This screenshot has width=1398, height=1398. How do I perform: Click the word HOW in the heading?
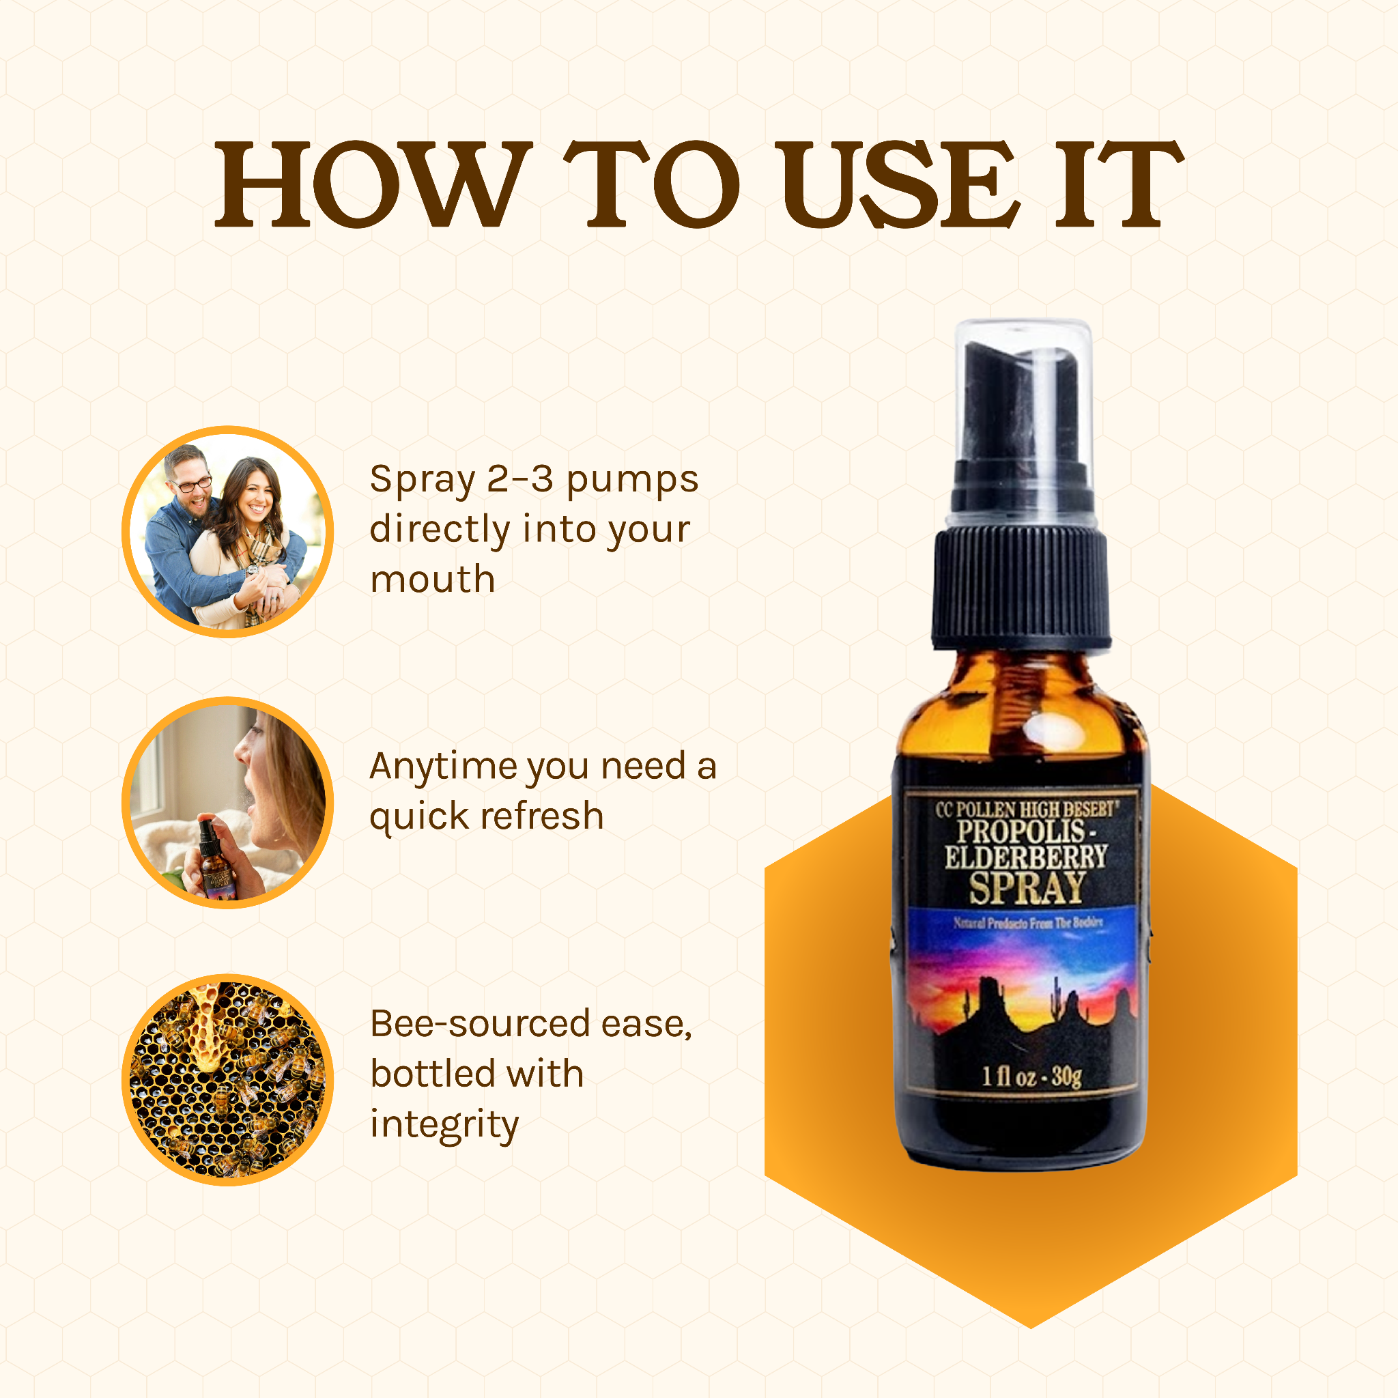[373, 184]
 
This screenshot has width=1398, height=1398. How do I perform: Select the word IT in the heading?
[1117, 184]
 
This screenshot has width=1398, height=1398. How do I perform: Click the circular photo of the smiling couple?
[227, 532]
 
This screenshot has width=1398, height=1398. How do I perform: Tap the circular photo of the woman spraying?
[227, 803]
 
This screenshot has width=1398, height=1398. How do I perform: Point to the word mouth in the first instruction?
[433, 580]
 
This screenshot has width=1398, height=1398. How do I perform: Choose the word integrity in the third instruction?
[444, 1125]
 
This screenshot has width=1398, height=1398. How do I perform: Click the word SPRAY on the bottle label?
[1027, 889]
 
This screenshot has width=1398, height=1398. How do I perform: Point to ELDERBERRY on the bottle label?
[1026, 857]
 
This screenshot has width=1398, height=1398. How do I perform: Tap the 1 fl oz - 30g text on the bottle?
[1031, 1076]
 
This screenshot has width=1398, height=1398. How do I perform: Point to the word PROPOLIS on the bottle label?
[1021, 831]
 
